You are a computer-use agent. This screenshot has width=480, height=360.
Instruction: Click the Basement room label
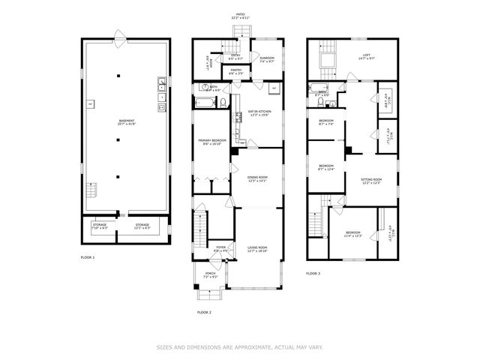tap(127, 122)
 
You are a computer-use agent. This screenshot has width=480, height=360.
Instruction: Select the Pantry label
tap(236, 71)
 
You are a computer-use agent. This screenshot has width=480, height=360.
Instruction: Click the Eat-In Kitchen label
tap(259, 113)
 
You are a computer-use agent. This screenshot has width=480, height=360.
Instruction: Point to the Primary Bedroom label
tap(210, 142)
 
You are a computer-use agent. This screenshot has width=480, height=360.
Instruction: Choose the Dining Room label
tap(257, 178)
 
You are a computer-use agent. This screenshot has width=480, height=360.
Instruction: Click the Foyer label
tap(221, 248)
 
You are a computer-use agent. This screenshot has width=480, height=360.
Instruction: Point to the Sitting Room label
tap(371, 181)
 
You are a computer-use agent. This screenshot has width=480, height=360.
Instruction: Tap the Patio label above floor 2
tap(240, 15)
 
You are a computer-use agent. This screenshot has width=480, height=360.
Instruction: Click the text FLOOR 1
tap(88, 257)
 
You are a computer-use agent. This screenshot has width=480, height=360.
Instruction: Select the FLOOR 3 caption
tap(313, 274)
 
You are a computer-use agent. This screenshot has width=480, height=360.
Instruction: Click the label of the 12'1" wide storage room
tap(142, 226)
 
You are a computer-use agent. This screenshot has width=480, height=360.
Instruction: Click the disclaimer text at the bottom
tap(240, 347)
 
